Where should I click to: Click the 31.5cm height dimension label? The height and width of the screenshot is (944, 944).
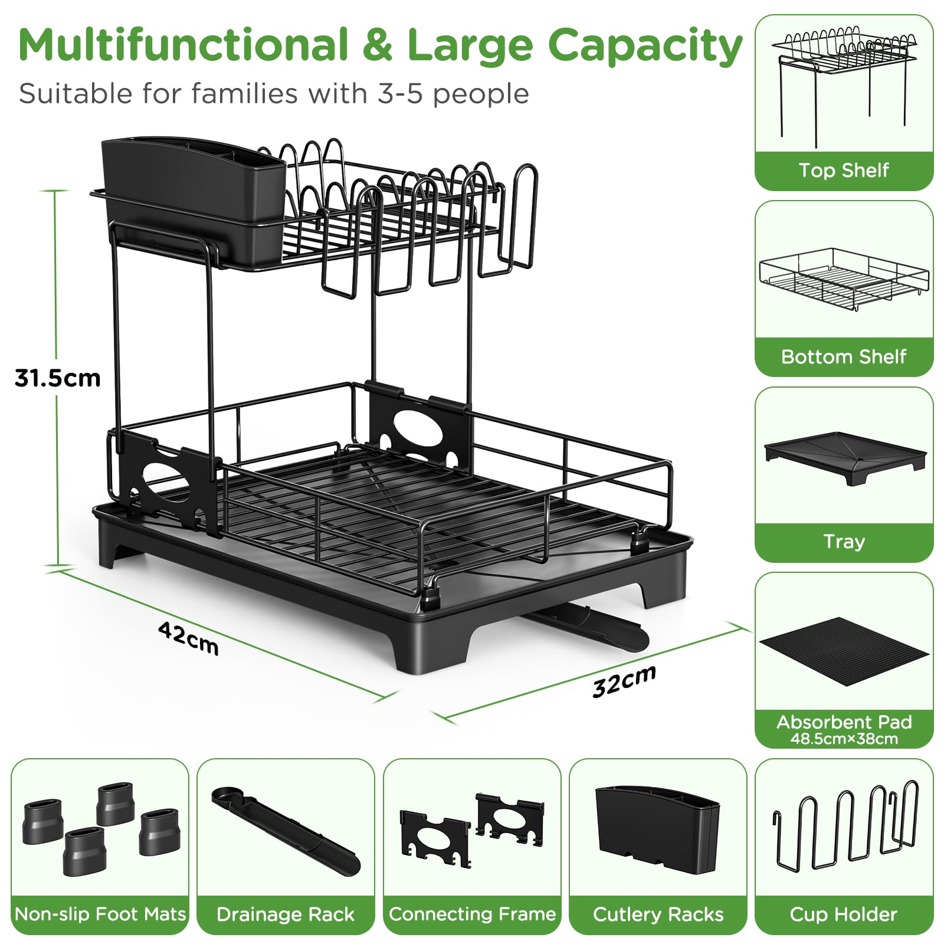coord(58,378)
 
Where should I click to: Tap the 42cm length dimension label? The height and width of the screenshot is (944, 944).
coord(189,638)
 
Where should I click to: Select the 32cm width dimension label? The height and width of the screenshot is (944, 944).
coord(624,681)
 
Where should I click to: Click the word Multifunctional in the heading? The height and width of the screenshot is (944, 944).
coord(183,45)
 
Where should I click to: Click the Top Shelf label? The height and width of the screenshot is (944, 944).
coord(844,170)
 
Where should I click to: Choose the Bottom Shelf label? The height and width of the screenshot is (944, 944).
coord(844,356)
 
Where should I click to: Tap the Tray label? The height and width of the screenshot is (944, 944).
coord(844,542)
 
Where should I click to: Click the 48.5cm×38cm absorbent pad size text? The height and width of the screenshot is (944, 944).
coord(844,739)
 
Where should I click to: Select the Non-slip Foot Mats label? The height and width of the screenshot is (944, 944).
coord(100,914)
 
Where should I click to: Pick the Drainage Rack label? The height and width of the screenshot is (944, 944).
coord(286,914)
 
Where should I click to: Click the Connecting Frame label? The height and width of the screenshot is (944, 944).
coord(472,914)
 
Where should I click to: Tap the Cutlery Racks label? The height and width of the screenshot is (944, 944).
coord(658,914)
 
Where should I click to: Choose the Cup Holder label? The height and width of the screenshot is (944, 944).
coord(844,914)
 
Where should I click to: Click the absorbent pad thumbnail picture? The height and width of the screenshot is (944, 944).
coord(844,651)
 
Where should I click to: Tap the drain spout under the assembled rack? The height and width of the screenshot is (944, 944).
coord(590,627)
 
